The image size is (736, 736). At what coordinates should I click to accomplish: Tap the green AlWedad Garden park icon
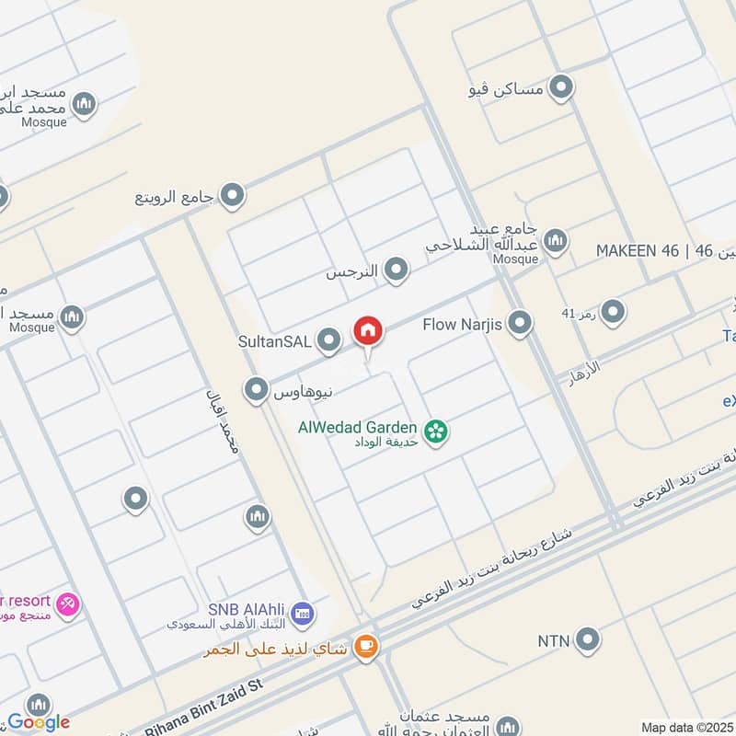[436, 430]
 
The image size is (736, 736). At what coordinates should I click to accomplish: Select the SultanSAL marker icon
[329, 342]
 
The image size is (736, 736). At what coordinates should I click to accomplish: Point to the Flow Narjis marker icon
[521, 323]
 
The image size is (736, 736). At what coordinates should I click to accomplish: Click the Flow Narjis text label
[462, 324]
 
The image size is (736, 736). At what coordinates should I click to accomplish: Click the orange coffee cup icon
[366, 648]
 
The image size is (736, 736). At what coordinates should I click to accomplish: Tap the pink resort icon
[68, 604]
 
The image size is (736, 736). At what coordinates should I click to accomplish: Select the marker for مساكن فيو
[560, 88]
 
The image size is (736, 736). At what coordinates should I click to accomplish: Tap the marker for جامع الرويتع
[234, 195]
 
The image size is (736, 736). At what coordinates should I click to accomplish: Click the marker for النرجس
[397, 270]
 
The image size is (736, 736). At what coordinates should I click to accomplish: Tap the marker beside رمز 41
[613, 313]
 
